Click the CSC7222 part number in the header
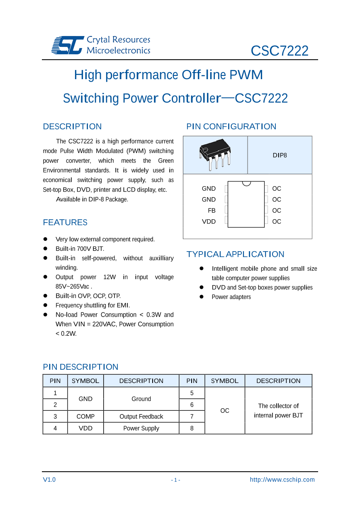pyautogui.click(x=280, y=51)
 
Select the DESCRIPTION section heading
pyautogui.click(x=72, y=126)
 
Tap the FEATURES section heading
pyautogui.click(x=65, y=223)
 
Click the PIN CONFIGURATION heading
pyautogui.click(x=231, y=126)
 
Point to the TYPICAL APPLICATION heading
pyautogui.click(x=235, y=254)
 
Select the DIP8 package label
pyautogui.click(x=280, y=155)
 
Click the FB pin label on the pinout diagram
pyautogui.click(x=212, y=211)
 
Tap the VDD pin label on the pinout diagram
pyautogui.click(x=209, y=222)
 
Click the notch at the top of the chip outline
pyautogui.click(x=246, y=183)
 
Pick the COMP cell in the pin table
pyautogui.click(x=85, y=417)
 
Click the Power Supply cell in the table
pyautogui.click(x=141, y=428)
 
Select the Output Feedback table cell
pyautogui.click(x=141, y=417)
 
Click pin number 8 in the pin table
pyautogui.click(x=192, y=428)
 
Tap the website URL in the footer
pyautogui.click(x=282, y=480)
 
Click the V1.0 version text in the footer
pyautogui.click(x=49, y=480)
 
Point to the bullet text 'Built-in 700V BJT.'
pyautogui.click(x=80, y=249)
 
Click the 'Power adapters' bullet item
pyautogui.click(x=231, y=297)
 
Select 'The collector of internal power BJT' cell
pyautogui.click(x=278, y=410)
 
